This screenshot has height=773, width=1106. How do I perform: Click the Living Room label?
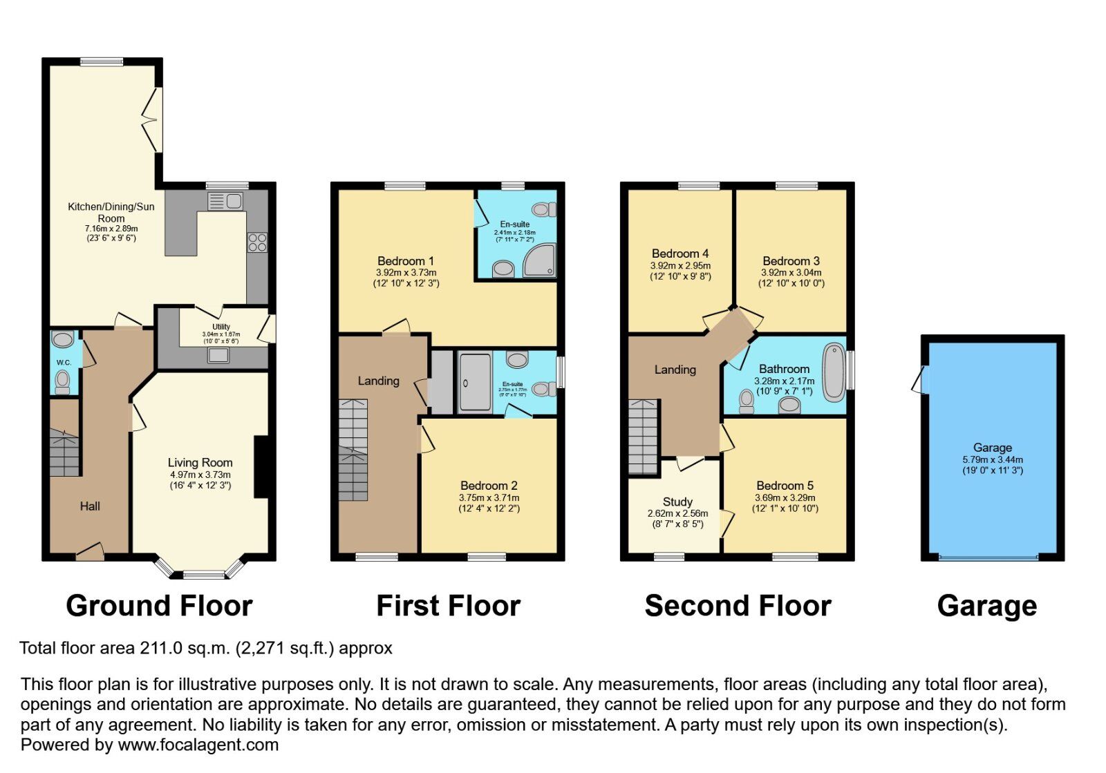200,463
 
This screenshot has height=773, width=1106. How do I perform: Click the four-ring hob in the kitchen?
257,242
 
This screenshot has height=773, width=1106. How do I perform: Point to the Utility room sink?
218,355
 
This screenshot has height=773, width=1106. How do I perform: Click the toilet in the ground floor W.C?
62,379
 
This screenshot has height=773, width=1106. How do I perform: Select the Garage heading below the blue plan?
986,606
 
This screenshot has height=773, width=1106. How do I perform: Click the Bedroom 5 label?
785,486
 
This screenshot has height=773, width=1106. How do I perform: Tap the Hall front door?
90,551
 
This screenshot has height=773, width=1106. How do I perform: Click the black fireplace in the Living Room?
261,467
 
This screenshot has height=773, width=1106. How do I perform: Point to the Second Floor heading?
738,606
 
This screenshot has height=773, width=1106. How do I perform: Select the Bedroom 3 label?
791,261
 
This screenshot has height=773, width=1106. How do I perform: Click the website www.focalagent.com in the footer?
198,745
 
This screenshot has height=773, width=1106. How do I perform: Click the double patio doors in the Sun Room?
153,120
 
